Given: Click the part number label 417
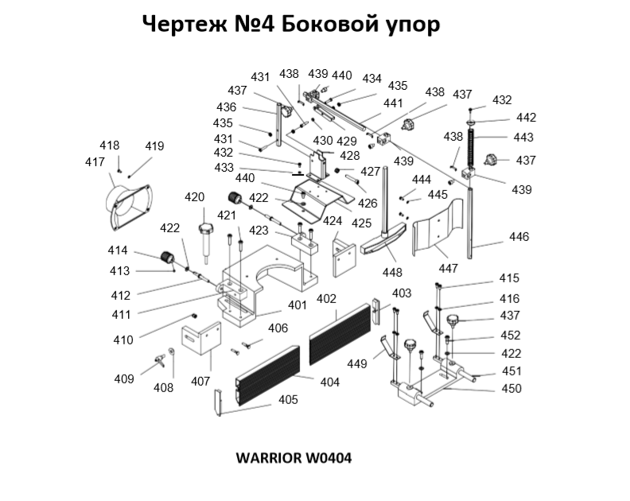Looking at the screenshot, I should coord(95,161).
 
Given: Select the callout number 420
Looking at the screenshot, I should coord(196,197).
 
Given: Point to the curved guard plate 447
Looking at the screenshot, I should coord(441,232).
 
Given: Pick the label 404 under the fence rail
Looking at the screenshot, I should coord(329,383).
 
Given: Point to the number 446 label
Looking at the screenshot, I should coord(519,237).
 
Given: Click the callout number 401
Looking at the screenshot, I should coord(297,305).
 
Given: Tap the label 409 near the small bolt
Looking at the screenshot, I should coord(123,379).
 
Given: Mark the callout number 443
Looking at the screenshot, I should coord(523,138).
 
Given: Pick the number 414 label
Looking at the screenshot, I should coord(118,251).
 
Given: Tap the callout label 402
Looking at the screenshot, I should coord(327,299).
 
